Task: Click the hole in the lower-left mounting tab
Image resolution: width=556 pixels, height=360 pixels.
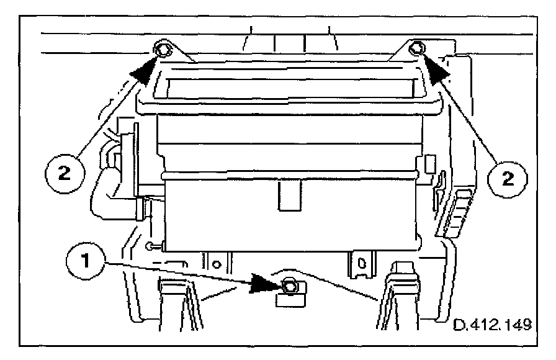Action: pyautogui.click(x=217, y=263)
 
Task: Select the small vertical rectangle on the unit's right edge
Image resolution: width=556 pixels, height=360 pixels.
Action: pyautogui.click(x=429, y=164)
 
